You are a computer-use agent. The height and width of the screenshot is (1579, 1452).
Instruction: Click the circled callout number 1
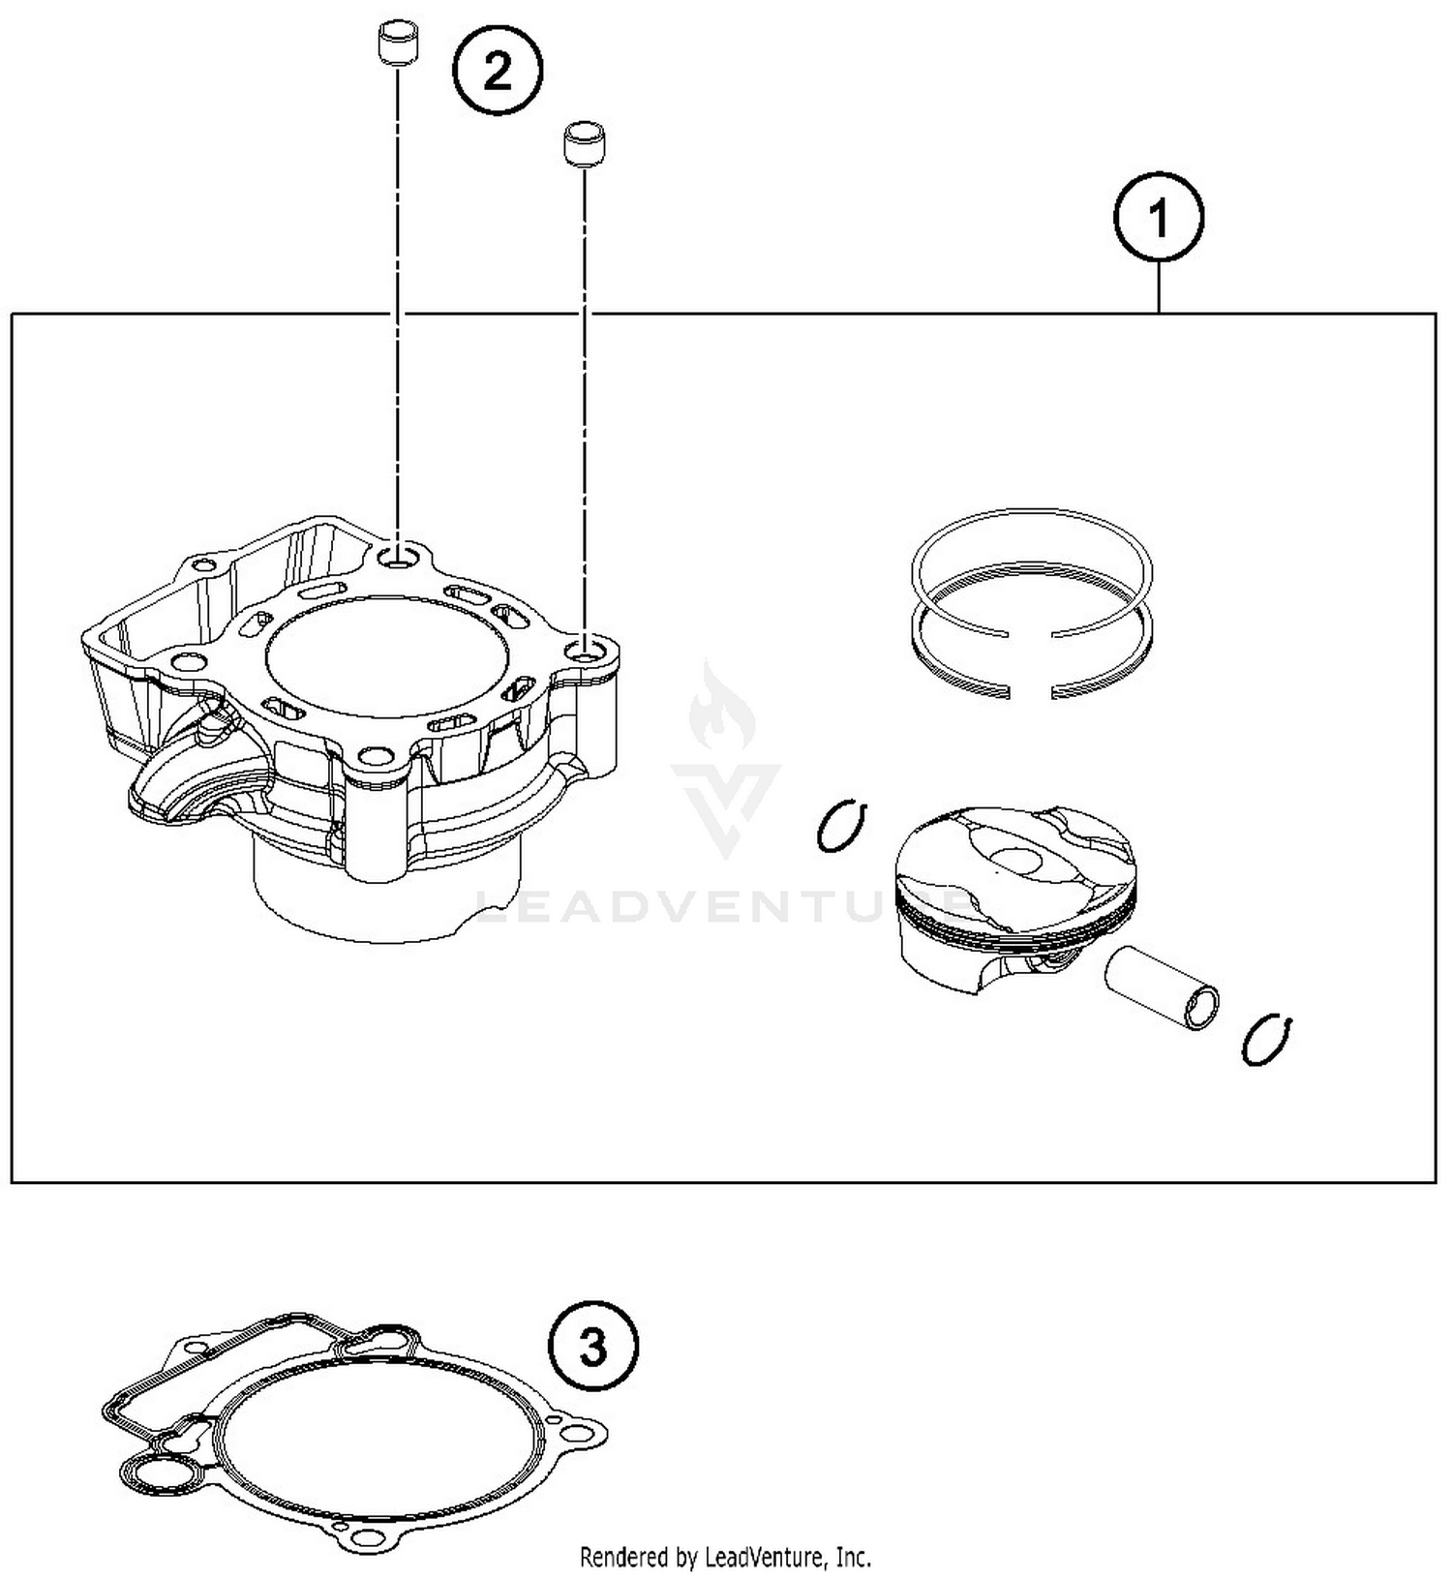(1159, 219)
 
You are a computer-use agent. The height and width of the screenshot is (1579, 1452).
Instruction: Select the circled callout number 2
(498, 71)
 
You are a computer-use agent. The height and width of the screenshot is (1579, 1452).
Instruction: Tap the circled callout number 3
(593, 1347)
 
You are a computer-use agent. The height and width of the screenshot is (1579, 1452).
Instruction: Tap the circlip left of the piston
(840, 826)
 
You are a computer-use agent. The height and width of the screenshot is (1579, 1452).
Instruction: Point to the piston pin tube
(1162, 987)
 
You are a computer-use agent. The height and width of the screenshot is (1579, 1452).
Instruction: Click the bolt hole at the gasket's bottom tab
(364, 1538)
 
